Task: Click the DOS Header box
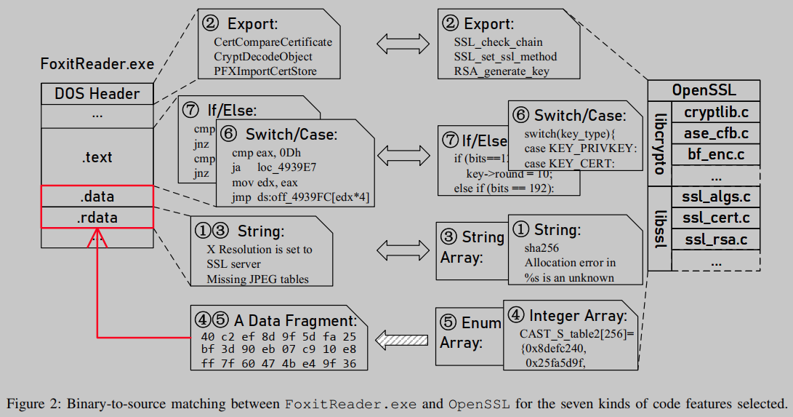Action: pyautogui.click(x=97, y=94)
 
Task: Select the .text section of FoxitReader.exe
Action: pyautogui.click(x=97, y=156)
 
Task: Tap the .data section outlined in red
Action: pyautogui.click(x=97, y=196)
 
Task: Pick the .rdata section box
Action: pyautogui.click(x=97, y=217)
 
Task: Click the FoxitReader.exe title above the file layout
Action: pyautogui.click(x=97, y=64)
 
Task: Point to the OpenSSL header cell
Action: pyautogui.click(x=703, y=91)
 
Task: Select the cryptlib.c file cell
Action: pyautogui.click(x=715, y=113)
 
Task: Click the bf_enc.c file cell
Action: pyautogui.click(x=715, y=154)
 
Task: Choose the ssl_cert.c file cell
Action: pyautogui.click(x=715, y=218)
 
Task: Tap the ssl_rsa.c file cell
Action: pyautogui.click(x=715, y=239)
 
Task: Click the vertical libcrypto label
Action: pyautogui.click(x=659, y=143)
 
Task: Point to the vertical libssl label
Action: pyautogui.click(x=659, y=228)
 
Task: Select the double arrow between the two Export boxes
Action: pyautogui.click(x=399, y=43)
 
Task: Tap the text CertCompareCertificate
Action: pyautogui.click(x=273, y=43)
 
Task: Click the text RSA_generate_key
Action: pyautogui.click(x=501, y=71)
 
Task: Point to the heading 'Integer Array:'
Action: pyautogui.click(x=577, y=315)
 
